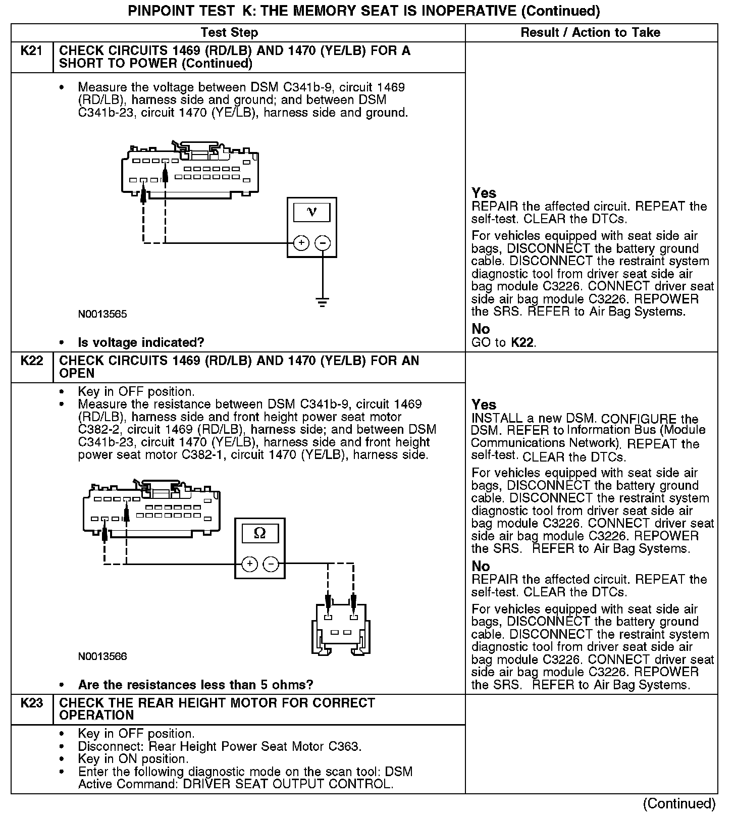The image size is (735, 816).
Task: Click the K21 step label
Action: [x=31, y=51]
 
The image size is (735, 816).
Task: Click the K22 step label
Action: [x=31, y=361]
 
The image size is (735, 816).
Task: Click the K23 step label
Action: [x=31, y=703]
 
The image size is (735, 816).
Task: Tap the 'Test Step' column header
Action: [x=229, y=33]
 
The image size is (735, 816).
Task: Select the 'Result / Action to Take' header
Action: [x=590, y=33]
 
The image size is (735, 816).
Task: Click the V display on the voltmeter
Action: [x=311, y=212]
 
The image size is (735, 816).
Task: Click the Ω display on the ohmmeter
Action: [x=259, y=533]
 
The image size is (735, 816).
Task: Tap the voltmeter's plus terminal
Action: [x=301, y=243]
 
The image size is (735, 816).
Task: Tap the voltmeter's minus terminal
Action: [x=323, y=243]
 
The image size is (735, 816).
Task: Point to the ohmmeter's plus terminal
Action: [x=249, y=564]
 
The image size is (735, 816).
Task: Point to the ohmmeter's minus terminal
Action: [x=271, y=564]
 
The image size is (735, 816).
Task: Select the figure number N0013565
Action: [x=102, y=314]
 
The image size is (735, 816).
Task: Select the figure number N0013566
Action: [x=102, y=656]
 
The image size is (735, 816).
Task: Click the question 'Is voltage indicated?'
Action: [x=141, y=343]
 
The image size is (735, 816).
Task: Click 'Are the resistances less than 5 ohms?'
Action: [x=195, y=685]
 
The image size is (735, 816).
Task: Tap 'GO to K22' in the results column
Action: [x=503, y=343]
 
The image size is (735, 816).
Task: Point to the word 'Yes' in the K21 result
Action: [x=484, y=193]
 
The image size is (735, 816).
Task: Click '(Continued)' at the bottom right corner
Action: [x=679, y=803]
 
